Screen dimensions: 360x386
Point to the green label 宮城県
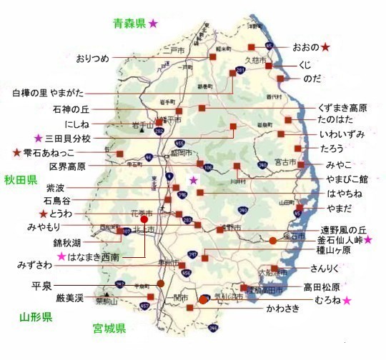tap(109, 329)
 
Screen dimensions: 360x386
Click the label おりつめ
tap(93, 59)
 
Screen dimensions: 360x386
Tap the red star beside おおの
tap(325, 47)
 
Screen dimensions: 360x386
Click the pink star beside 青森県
tap(153, 24)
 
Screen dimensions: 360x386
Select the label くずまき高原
tap(343, 108)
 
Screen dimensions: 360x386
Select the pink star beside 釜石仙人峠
tap(368, 241)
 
